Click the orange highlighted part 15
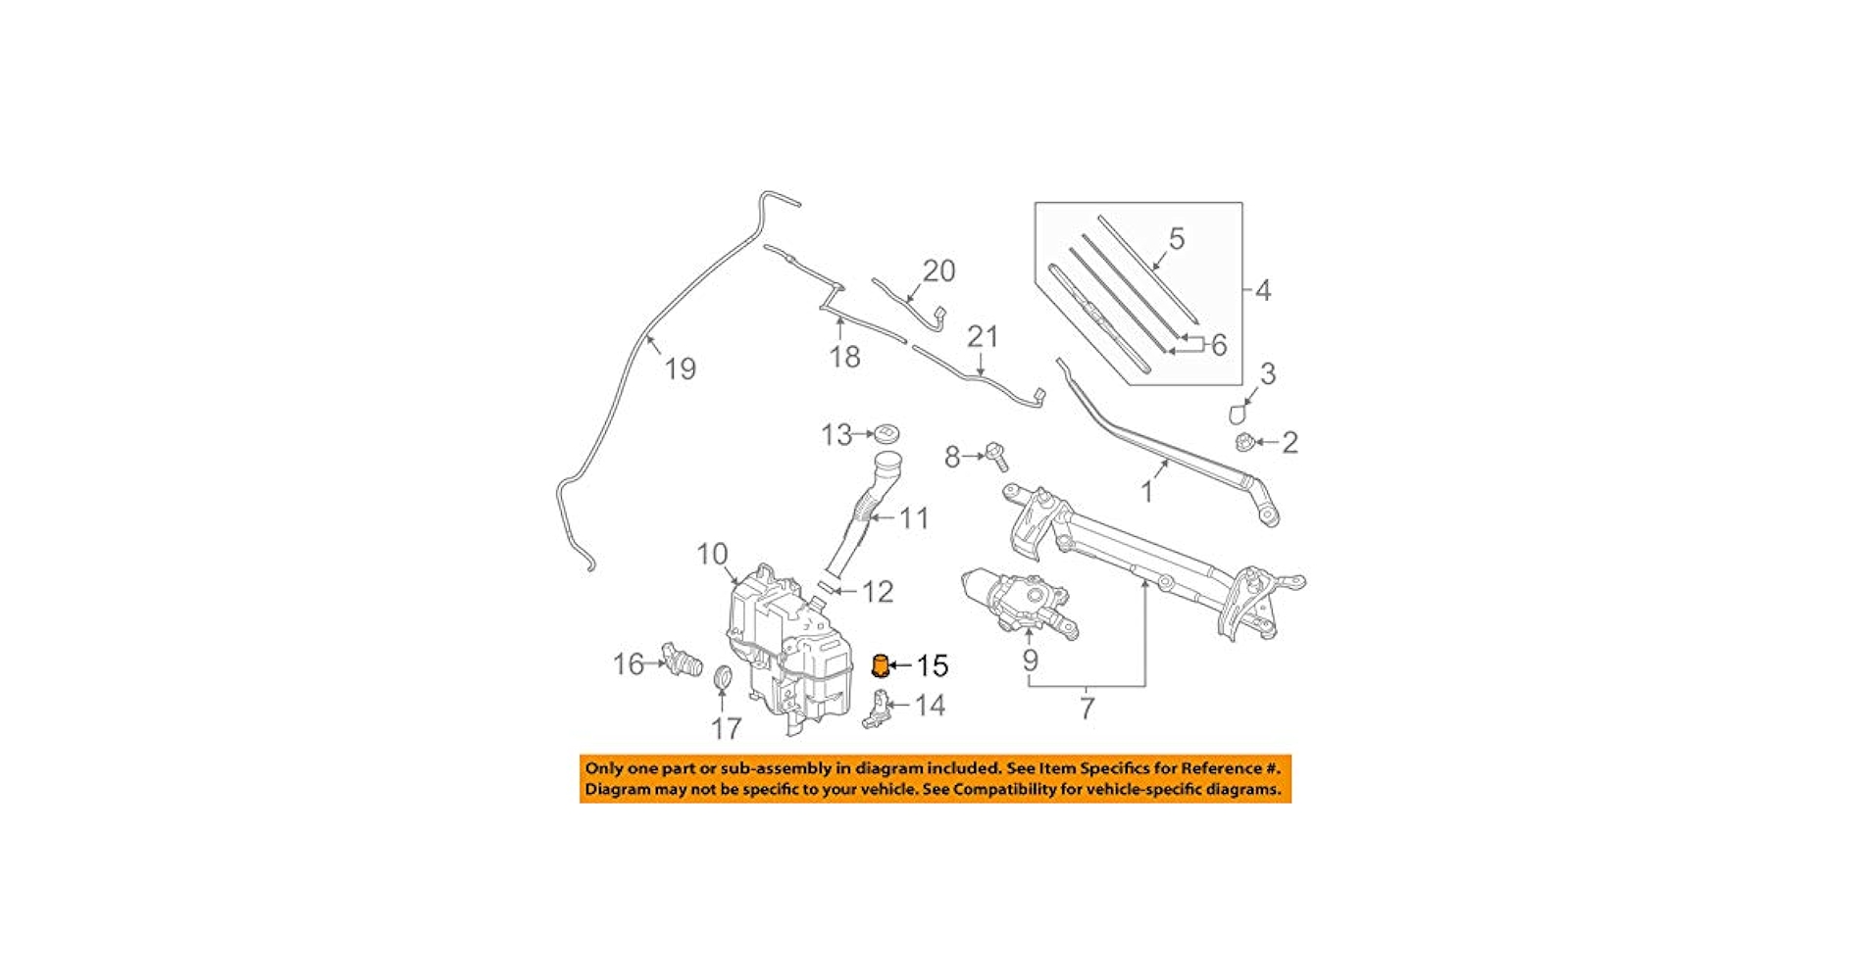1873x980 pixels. point(881,665)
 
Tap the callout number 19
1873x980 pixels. point(680,369)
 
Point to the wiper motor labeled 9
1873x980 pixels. point(1020,601)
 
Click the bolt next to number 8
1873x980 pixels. point(996,456)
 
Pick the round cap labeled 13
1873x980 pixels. point(886,433)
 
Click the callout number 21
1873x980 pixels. point(982,337)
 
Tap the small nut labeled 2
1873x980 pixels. point(1244,442)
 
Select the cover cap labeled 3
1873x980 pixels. point(1238,413)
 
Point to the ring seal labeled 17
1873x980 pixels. point(723,677)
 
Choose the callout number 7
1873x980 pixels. point(1087,708)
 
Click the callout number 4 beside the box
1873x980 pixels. point(1263,290)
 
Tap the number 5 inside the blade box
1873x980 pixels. point(1177,238)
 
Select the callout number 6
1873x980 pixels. point(1219,344)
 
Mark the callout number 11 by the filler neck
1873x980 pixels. point(914,517)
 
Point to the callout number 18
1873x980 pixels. point(844,357)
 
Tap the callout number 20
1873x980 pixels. point(938,270)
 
